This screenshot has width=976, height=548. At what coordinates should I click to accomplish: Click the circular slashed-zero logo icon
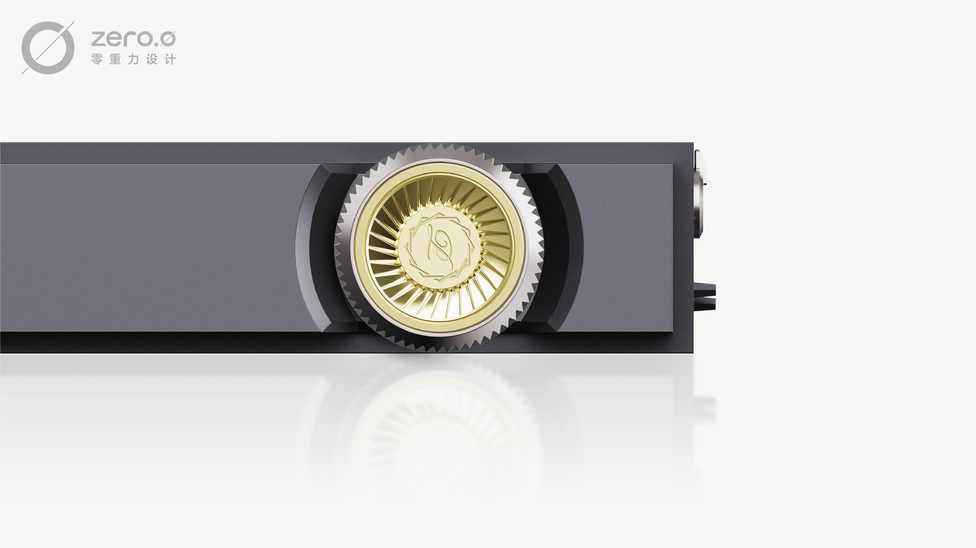coord(48,48)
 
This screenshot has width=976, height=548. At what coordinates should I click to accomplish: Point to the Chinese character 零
coord(97,59)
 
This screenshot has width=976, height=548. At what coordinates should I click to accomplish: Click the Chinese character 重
coord(115,59)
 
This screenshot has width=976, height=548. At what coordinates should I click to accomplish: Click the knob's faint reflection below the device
coord(440,428)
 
